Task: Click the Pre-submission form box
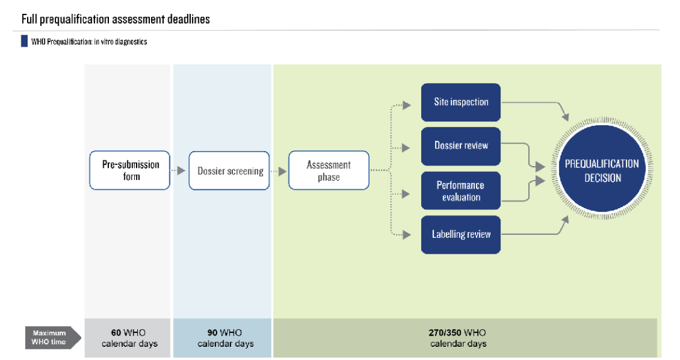130,171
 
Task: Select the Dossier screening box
229,171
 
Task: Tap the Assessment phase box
329,171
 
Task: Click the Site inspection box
461,102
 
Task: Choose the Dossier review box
461,146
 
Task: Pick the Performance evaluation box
461,191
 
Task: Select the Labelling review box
461,235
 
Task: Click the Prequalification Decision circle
602,171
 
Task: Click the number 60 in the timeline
116,333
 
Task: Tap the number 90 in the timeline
212,333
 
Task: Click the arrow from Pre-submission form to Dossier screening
179,171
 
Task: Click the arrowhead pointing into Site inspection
414,103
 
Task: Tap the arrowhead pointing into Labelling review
414,235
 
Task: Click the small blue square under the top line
24,41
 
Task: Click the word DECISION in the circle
602,178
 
